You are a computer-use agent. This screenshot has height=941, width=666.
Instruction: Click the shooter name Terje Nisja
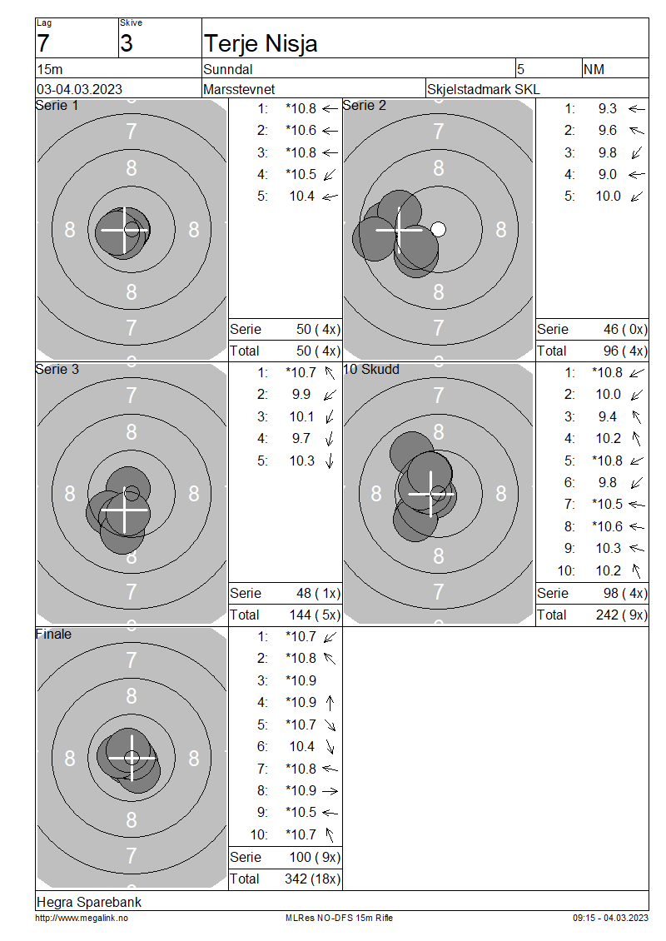261,44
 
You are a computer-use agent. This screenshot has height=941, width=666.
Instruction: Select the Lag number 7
43,44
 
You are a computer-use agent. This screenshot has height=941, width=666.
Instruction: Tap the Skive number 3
126,44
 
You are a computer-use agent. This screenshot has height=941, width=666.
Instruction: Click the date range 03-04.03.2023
79,89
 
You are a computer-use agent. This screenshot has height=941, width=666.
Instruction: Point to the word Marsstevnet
239,89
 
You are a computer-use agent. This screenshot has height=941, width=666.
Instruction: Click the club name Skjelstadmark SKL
483,89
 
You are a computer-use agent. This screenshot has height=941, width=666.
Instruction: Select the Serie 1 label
57,106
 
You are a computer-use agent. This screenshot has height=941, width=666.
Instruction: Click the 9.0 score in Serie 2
607,175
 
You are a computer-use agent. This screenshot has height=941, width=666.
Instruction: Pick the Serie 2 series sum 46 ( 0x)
625,330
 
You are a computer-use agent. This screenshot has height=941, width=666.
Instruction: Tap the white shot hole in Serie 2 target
439,229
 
